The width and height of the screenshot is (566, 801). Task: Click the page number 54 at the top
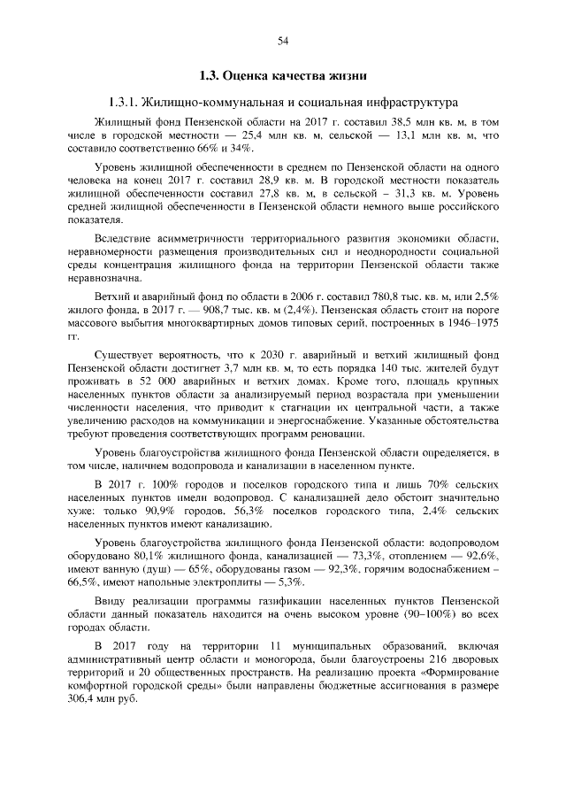[283, 40]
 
